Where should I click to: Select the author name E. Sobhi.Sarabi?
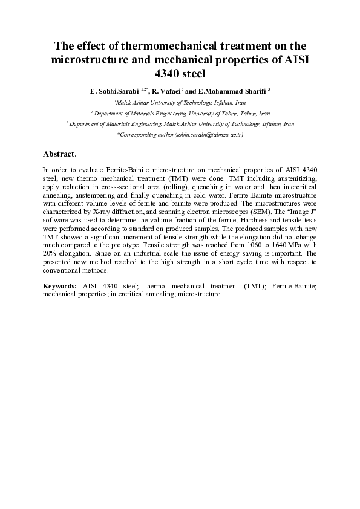tap(114, 91)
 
